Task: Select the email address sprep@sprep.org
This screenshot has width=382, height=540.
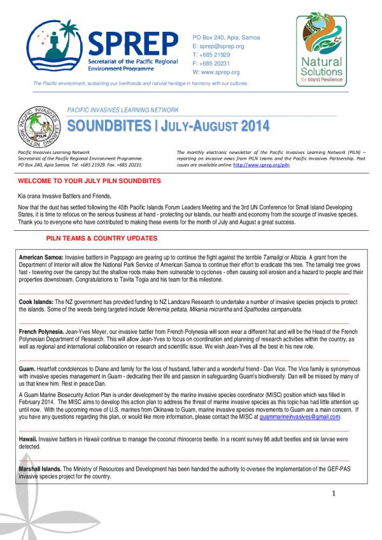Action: (x=222, y=46)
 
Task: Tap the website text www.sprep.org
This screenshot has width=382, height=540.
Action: (x=222, y=72)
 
